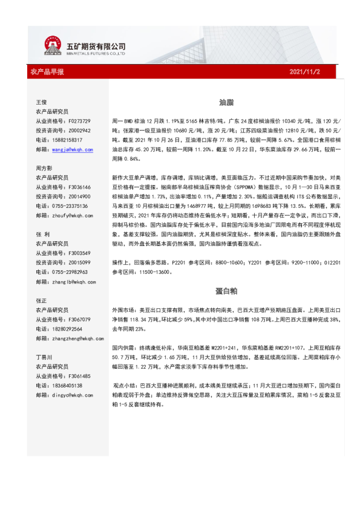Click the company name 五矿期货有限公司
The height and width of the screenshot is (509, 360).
tap(96, 45)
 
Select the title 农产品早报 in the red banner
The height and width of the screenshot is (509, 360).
tap(47, 72)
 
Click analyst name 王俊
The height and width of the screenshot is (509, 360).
tap(42, 102)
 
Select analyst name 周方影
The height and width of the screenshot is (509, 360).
tap(44, 167)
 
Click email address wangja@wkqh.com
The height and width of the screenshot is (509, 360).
tap(72, 149)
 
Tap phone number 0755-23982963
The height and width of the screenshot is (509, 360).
tap(73, 271)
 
